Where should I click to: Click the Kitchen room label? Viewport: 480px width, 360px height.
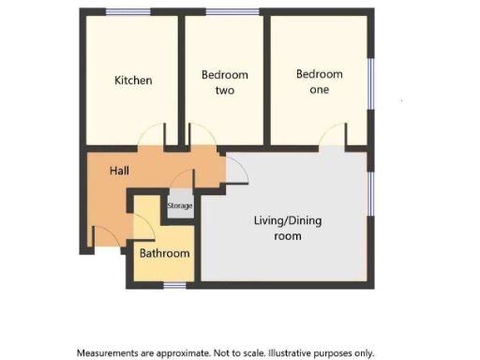coord(133,81)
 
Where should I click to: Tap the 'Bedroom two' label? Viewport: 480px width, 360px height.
coord(225,82)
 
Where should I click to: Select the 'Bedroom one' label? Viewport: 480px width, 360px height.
coord(320,81)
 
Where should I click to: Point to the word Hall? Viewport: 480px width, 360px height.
coord(119,171)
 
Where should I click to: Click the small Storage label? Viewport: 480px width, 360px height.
coord(180,206)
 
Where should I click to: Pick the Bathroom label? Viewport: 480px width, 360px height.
coord(165,253)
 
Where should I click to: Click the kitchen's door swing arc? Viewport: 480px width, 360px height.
coord(150,138)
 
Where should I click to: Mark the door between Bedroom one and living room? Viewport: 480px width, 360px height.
coord(332,138)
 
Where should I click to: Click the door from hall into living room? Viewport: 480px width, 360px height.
coord(236,167)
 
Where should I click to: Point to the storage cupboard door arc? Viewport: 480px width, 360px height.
coord(183,178)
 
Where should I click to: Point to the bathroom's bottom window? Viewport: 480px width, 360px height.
coord(173,283)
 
